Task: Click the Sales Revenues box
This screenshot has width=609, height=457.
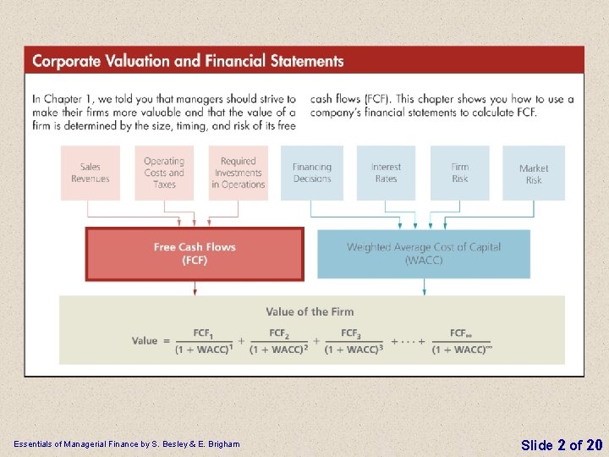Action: (90, 173)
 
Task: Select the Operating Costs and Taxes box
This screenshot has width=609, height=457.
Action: (164, 173)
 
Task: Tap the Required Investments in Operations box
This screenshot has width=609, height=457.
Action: (239, 173)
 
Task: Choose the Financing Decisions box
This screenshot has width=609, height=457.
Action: (312, 173)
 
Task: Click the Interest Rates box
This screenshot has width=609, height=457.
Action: (386, 173)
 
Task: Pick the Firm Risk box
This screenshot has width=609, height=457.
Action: (459, 173)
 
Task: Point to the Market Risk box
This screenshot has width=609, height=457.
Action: (534, 173)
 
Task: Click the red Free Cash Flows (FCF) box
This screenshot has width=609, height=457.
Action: (195, 253)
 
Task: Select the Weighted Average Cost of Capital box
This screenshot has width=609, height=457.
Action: (424, 253)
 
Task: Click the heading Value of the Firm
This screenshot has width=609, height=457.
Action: (310, 311)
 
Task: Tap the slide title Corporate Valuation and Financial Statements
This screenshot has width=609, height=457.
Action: (188, 61)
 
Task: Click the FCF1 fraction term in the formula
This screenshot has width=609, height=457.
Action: (203, 341)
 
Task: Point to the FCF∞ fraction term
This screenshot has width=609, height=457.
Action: (461, 341)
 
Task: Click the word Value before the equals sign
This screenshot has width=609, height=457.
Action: (145, 341)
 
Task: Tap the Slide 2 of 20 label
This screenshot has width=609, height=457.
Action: (562, 444)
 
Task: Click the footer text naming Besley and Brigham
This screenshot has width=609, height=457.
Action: (126, 444)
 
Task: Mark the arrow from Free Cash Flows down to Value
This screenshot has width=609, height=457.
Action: (195, 288)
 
